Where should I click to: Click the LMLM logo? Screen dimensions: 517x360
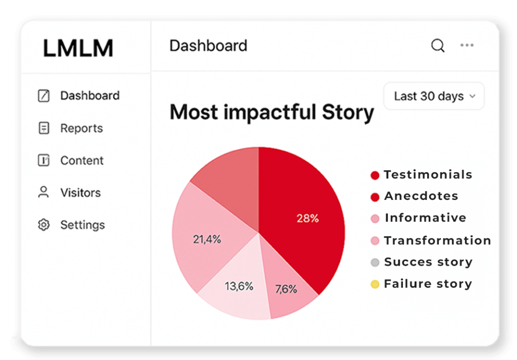pyautogui.click(x=78, y=48)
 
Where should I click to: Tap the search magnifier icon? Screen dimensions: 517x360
pyautogui.click(x=438, y=45)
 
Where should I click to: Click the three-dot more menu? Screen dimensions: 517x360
pyautogui.click(x=467, y=45)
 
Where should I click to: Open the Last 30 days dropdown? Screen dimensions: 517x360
pyautogui.click(x=434, y=96)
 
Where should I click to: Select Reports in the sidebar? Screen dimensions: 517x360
pyautogui.click(x=81, y=128)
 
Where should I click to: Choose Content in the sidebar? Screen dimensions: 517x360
pyautogui.click(x=82, y=161)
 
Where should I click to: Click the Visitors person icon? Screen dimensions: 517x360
pyautogui.click(x=43, y=192)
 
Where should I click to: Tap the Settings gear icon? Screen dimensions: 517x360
pyautogui.click(x=43, y=225)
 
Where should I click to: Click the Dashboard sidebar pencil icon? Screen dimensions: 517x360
pyautogui.click(x=43, y=95)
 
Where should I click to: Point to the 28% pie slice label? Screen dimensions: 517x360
pyautogui.click(x=307, y=218)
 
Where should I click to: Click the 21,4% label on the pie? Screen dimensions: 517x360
pyautogui.click(x=206, y=239)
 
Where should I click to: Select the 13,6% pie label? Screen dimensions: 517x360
pyautogui.click(x=239, y=286)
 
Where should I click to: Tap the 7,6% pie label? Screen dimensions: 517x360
pyautogui.click(x=286, y=289)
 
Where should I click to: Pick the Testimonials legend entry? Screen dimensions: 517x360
pyautogui.click(x=422, y=175)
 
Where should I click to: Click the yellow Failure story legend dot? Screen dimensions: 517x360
pyautogui.click(x=375, y=284)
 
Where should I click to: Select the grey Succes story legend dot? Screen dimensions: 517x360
pyautogui.click(x=375, y=263)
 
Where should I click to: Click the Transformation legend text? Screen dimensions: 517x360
pyautogui.click(x=438, y=241)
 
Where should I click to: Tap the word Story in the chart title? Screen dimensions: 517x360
pyautogui.click(x=348, y=113)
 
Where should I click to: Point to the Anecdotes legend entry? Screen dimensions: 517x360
pyautogui.click(x=415, y=196)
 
